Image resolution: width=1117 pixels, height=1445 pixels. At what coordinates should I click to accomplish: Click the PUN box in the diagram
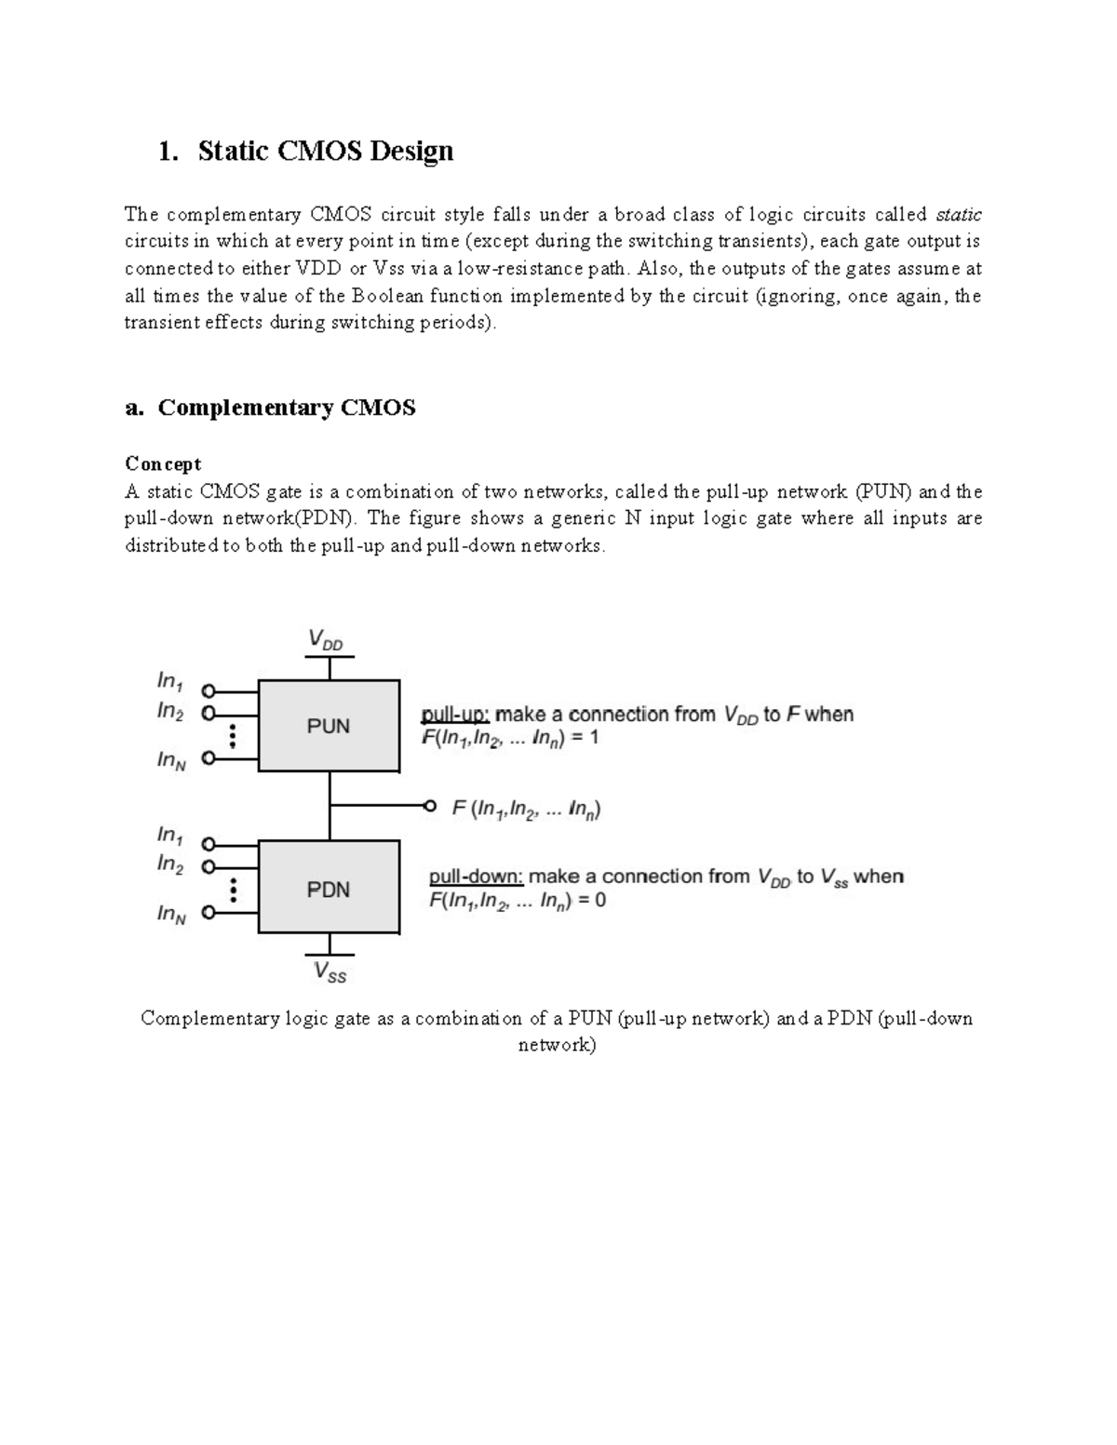click(x=329, y=726)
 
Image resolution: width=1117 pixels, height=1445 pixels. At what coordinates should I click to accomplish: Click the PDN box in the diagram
click(x=329, y=889)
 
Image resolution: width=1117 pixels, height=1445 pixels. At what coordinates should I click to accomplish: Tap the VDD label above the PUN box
click(x=326, y=640)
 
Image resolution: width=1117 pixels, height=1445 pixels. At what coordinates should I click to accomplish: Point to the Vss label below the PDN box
click(x=330, y=972)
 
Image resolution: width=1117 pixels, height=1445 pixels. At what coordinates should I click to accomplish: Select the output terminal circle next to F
click(x=429, y=807)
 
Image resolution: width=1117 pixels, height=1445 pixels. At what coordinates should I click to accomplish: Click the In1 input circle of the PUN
click(x=209, y=691)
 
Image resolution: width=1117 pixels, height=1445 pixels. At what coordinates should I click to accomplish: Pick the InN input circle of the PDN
click(x=209, y=913)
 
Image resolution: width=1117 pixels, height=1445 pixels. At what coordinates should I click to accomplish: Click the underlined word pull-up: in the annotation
click(x=455, y=715)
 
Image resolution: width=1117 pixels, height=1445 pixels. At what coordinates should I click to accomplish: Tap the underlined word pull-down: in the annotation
click(x=476, y=876)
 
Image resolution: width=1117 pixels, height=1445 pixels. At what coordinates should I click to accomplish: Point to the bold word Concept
click(x=163, y=463)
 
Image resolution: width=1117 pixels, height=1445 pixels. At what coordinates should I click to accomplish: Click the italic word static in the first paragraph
click(x=959, y=215)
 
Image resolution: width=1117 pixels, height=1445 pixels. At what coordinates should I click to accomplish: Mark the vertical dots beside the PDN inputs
click(x=233, y=890)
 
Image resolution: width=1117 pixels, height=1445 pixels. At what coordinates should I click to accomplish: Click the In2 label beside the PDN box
click(x=170, y=864)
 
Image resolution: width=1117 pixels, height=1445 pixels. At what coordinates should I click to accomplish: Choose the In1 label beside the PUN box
click(x=170, y=681)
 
